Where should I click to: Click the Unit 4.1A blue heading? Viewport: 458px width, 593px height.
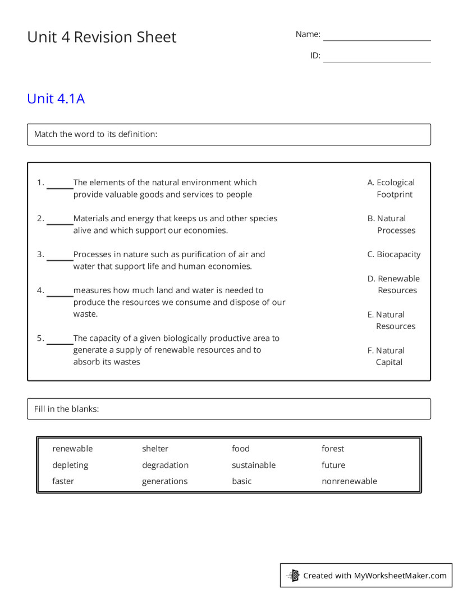56,99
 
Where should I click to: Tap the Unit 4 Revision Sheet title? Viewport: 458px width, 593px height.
102,37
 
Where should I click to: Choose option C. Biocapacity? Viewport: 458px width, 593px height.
394,254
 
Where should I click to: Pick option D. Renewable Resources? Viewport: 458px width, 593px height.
394,284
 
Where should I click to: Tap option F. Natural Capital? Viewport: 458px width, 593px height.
387,356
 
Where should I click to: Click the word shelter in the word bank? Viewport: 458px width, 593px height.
155,449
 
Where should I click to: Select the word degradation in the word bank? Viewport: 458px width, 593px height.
165,465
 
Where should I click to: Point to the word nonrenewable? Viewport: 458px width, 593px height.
349,481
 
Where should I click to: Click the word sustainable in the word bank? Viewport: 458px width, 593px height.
254,465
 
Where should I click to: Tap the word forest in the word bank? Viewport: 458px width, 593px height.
333,449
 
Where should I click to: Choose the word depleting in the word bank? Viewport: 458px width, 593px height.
70,465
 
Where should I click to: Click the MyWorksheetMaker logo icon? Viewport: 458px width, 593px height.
294,576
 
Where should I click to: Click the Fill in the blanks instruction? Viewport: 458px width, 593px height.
66,409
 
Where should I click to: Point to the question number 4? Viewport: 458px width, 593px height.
40,290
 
